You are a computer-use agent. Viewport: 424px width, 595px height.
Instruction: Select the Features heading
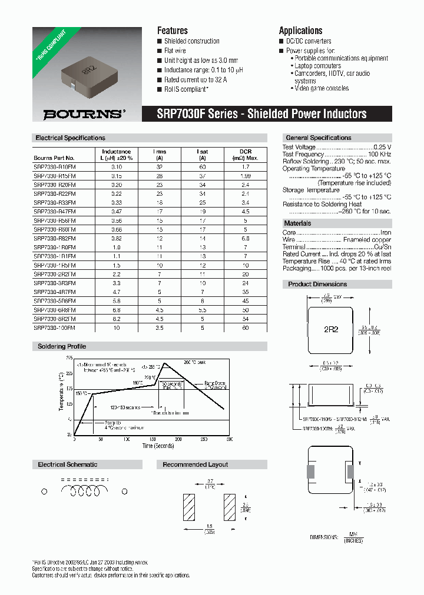(x=172, y=31)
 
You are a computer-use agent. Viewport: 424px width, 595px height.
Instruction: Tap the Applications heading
(x=300, y=31)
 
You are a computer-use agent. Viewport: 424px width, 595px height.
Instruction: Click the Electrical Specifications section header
(x=70, y=138)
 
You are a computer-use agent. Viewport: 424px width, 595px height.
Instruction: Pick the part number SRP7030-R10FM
(x=55, y=167)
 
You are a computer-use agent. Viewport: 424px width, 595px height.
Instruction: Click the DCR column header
(x=245, y=151)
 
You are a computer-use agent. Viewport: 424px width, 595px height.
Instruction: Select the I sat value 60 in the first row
(x=202, y=167)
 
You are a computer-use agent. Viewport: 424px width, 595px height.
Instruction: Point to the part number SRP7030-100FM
(x=55, y=327)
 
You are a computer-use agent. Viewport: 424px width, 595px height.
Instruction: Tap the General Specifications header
(x=318, y=138)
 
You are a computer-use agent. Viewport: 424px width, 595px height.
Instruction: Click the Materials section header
(x=297, y=223)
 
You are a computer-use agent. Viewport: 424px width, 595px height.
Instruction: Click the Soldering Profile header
(x=62, y=346)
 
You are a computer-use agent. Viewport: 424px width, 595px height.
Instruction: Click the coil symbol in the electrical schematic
(x=85, y=490)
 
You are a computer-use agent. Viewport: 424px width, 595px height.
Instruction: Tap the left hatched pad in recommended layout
(x=190, y=504)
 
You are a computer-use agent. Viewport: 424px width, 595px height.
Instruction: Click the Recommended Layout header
(x=195, y=464)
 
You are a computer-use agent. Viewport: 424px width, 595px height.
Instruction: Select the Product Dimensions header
(x=317, y=284)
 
